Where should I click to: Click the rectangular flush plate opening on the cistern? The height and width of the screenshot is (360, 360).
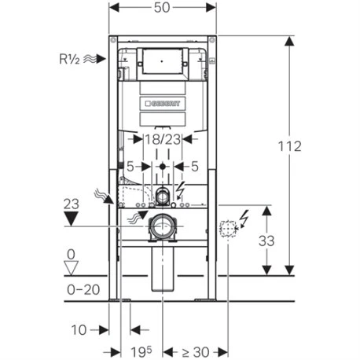(x=163, y=58)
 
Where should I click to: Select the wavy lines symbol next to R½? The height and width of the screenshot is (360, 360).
(x=95, y=57)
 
